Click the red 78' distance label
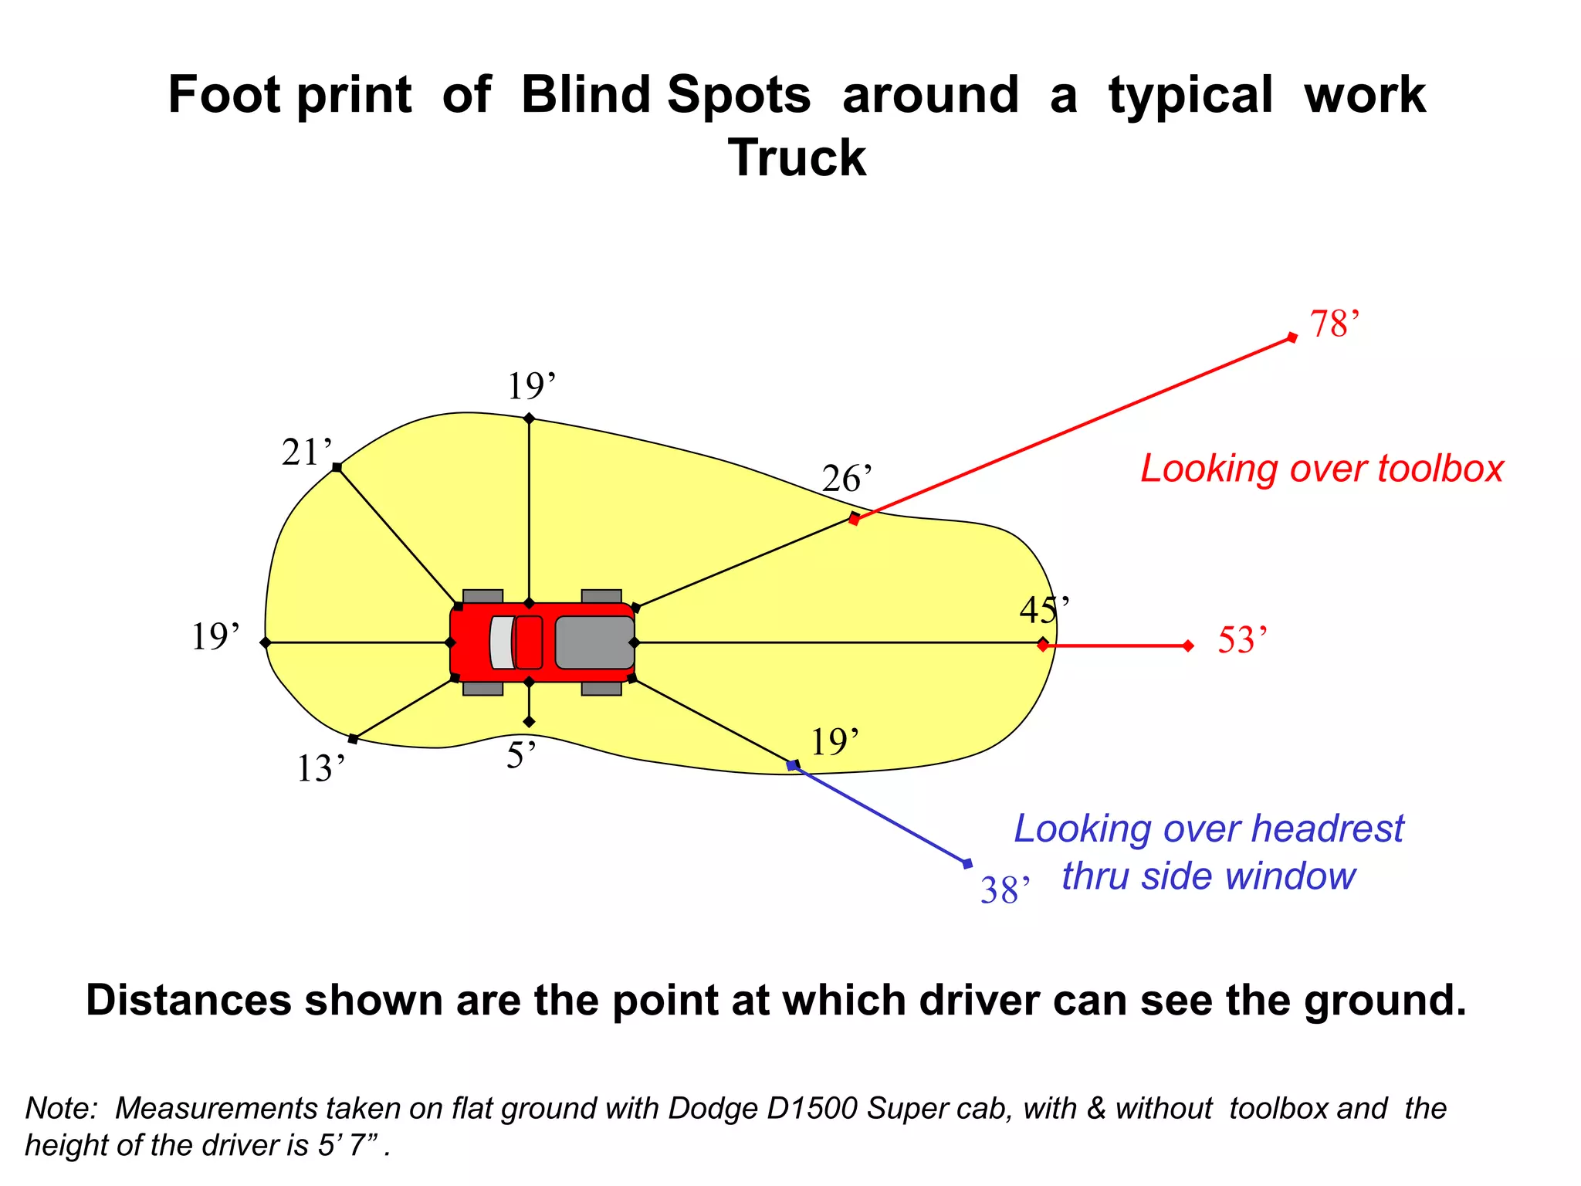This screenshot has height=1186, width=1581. point(1333,324)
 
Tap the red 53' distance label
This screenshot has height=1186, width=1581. point(1241,641)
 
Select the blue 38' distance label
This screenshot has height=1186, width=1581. point(1004,891)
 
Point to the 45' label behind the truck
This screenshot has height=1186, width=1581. point(1043,611)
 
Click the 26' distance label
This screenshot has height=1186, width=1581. point(846,479)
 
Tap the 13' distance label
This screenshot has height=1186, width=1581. point(320,769)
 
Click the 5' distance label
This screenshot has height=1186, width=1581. point(520,756)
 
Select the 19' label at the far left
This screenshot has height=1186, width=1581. point(215,638)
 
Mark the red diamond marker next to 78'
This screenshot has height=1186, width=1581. point(1292,337)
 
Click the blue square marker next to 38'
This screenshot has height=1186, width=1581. point(967,863)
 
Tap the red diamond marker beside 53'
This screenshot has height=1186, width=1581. point(1188,646)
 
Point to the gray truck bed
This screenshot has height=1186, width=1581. point(594,642)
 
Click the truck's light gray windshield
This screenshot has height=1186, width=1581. point(502,642)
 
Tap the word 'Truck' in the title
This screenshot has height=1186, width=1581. point(797,158)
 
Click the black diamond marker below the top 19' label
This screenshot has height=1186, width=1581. point(529,418)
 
